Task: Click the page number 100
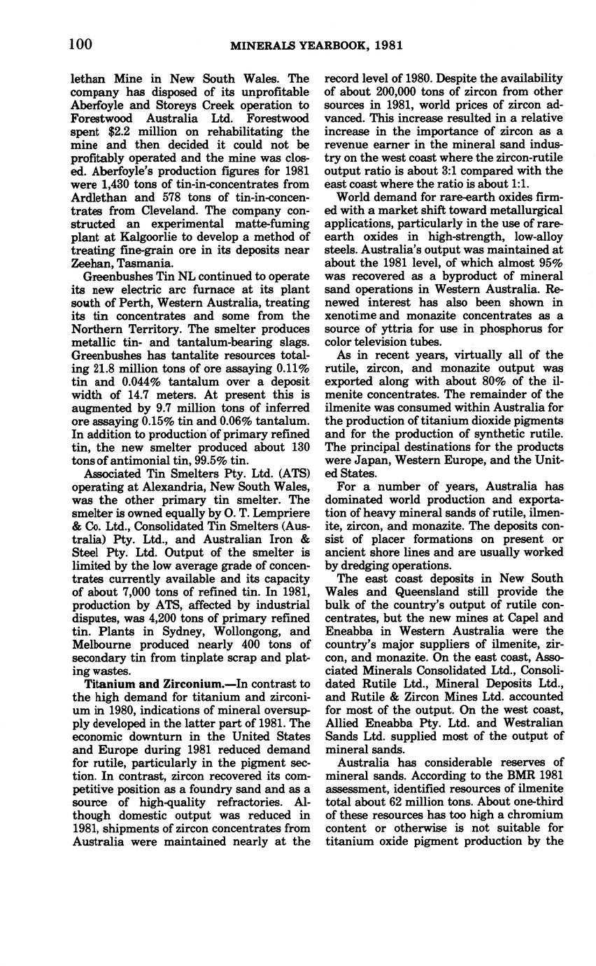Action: pyautogui.click(x=81, y=44)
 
